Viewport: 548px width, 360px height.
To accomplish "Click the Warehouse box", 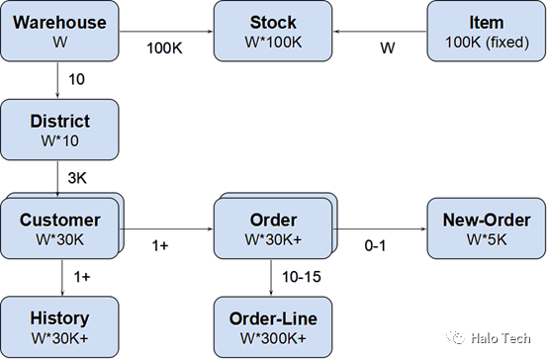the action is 59,31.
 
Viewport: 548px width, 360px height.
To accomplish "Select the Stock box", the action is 273,31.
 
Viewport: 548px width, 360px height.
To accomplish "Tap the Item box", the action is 486,31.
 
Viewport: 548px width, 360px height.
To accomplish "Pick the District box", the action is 59,130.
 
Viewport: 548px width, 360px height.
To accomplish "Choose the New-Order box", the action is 486,228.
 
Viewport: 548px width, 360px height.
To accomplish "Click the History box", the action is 59,327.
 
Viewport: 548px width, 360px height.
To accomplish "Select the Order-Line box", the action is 273,327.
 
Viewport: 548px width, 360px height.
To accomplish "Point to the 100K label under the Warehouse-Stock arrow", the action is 164,48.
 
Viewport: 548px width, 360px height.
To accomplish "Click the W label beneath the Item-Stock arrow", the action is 388,48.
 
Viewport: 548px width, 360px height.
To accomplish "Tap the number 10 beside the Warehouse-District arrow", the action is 76,79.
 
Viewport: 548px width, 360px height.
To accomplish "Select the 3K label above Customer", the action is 77,178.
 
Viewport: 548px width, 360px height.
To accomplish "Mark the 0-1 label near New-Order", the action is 375,245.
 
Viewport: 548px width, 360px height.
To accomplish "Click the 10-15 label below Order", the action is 302,277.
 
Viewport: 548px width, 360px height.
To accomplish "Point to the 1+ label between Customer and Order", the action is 160,245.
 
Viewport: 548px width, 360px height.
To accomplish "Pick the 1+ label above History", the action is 82,277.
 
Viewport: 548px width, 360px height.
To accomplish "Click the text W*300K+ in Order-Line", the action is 273,338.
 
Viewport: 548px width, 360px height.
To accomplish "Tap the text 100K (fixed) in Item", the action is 487,43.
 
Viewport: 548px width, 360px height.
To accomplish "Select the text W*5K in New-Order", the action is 487,239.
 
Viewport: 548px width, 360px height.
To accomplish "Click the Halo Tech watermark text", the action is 501,338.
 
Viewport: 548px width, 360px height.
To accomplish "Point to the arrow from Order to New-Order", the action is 380,228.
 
